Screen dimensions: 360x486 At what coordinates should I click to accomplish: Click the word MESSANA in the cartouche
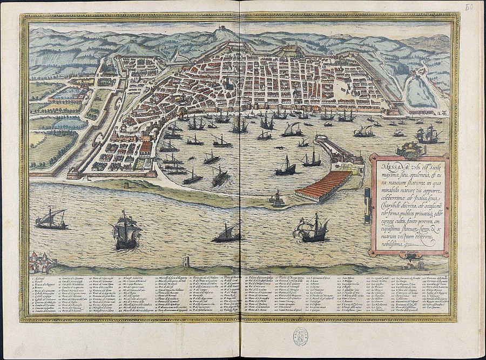coord(388,161)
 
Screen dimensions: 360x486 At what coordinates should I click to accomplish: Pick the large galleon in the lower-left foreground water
coord(125,229)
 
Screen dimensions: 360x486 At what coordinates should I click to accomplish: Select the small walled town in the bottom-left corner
coord(40,261)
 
